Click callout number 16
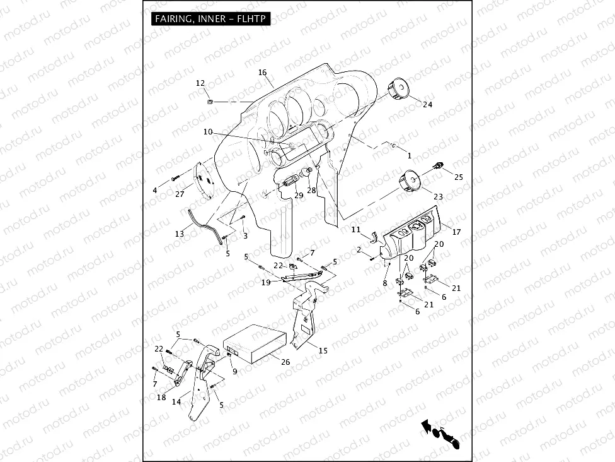263,73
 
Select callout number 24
428,104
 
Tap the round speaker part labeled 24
398,89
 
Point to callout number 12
200,83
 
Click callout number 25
458,177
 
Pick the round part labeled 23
410,181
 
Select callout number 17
457,232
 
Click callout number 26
285,362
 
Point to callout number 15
323,350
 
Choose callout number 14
176,401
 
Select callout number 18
161,398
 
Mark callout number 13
180,234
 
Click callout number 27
180,194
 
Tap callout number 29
299,195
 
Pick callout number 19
267,283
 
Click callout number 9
234,372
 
